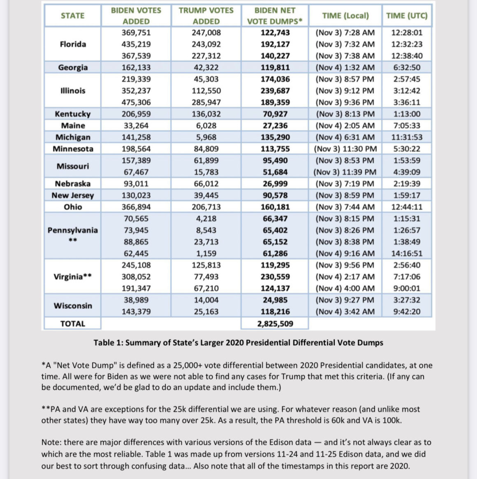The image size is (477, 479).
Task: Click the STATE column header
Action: click(72, 16)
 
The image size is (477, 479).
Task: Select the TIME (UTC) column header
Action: click(407, 16)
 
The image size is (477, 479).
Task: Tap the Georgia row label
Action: click(73, 67)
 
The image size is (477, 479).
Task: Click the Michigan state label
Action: click(73, 137)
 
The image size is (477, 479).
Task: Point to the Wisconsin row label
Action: click(73, 306)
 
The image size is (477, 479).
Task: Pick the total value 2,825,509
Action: click(275, 324)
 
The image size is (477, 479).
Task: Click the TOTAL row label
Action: click(73, 324)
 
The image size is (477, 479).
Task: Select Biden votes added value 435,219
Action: click(136, 44)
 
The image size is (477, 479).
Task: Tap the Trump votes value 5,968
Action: click(206, 137)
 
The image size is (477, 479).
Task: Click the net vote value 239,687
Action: click(275, 91)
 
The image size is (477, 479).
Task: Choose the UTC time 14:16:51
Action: click(407, 254)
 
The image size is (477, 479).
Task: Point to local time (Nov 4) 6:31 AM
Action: click(345, 137)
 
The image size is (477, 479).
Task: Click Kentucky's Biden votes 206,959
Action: click(136, 114)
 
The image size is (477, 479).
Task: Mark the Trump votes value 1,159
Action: click(206, 254)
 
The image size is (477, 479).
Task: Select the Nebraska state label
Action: click(73, 184)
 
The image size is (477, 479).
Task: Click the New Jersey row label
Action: click(73, 195)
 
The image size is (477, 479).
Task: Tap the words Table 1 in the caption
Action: click(107, 342)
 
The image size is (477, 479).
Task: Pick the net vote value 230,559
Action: click(275, 277)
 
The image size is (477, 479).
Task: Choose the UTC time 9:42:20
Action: click(407, 312)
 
